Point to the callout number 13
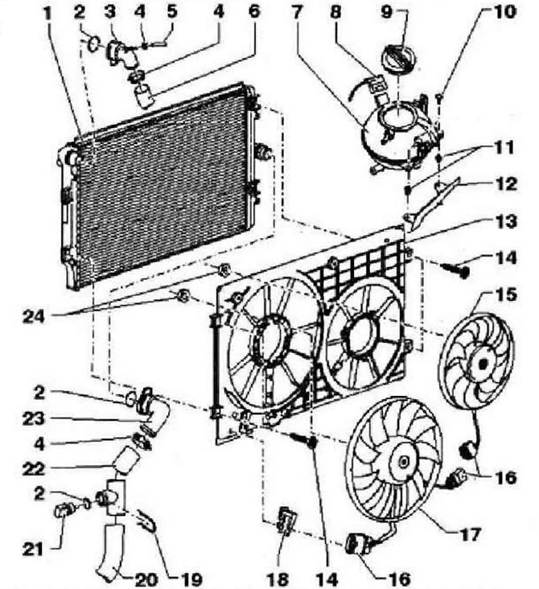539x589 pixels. [506, 221]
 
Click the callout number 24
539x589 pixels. [34, 317]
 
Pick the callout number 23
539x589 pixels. [34, 419]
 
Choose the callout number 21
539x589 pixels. [33, 550]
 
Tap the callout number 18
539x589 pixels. [278, 579]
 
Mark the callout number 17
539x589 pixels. [469, 533]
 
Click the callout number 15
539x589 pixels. [506, 294]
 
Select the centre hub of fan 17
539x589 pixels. [403, 462]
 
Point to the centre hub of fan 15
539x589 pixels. [482, 364]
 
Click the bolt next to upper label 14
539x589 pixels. [455, 270]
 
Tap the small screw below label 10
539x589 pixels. [441, 97]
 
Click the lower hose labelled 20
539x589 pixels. [111, 550]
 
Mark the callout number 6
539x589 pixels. [254, 11]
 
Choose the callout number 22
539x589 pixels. [34, 468]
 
